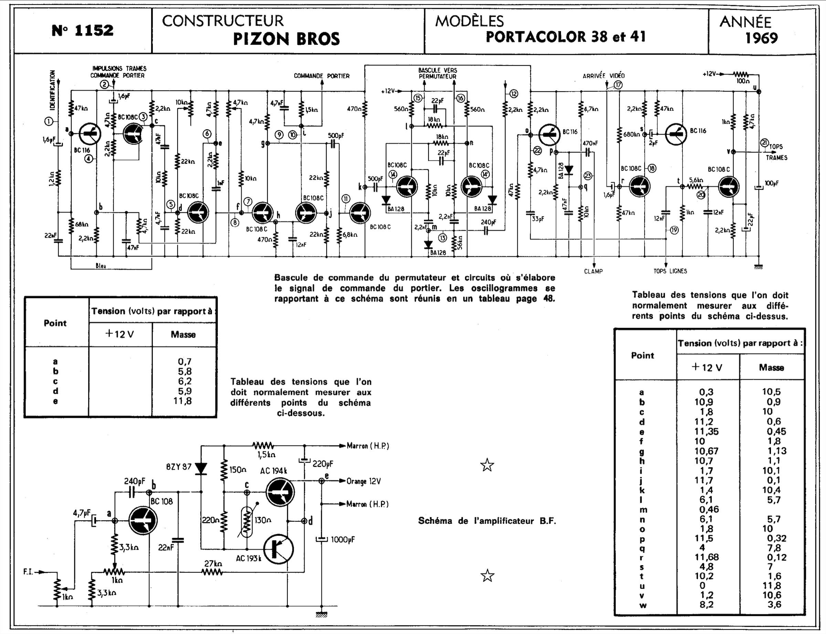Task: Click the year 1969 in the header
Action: [x=761, y=38]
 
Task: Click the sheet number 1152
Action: [x=83, y=30]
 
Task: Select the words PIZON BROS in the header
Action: [x=286, y=39]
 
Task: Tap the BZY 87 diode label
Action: [x=179, y=467]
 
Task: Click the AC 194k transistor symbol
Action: [x=280, y=492]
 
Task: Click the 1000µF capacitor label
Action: [x=343, y=540]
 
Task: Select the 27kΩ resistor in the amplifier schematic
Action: [x=213, y=572]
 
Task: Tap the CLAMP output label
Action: [x=593, y=271]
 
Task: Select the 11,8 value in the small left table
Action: [x=182, y=401]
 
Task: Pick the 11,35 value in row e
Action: [x=707, y=431]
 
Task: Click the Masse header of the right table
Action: [x=771, y=368]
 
